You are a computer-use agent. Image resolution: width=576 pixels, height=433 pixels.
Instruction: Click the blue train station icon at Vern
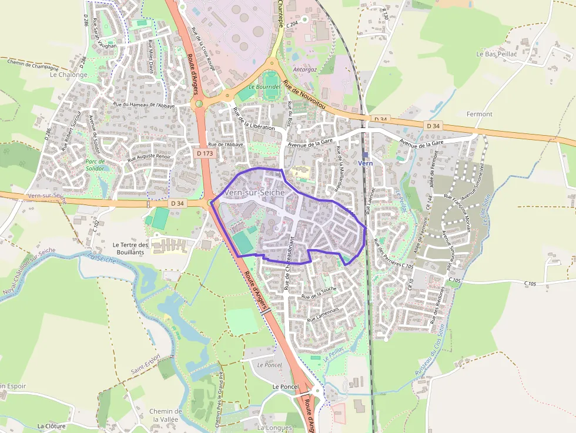(365, 155)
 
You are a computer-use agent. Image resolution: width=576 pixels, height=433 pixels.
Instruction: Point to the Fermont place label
(479, 114)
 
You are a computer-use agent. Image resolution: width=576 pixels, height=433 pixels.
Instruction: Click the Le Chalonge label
(68, 75)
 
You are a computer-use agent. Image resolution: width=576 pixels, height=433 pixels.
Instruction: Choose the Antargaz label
(304, 69)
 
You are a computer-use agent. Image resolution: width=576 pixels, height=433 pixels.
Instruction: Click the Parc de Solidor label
(94, 165)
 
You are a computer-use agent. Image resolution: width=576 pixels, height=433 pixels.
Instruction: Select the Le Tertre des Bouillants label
(132, 248)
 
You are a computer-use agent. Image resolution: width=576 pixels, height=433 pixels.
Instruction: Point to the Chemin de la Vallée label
(165, 415)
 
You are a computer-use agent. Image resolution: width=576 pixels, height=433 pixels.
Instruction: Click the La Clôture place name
(51, 425)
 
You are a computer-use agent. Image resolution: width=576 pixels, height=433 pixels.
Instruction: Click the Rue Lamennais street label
(323, 314)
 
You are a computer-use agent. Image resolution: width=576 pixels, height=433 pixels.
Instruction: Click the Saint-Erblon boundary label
(146, 365)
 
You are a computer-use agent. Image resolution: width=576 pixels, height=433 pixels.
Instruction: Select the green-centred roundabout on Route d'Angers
(199, 104)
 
